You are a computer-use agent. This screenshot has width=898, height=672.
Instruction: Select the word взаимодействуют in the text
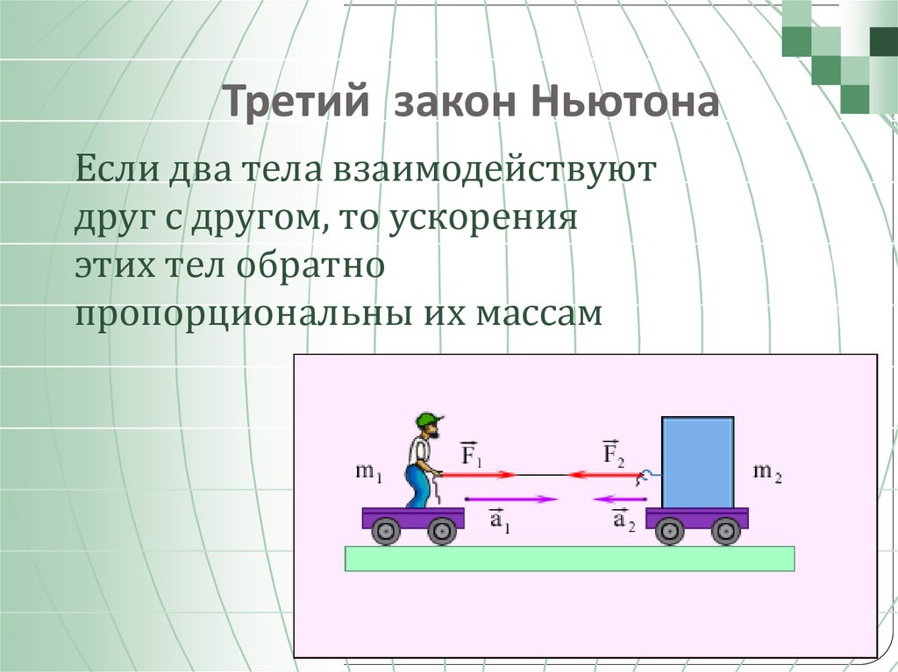point(493,169)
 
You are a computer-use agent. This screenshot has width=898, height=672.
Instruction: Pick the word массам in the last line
point(540,315)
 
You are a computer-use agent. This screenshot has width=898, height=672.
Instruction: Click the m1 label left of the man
point(368,472)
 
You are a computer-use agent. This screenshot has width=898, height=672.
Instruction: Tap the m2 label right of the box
point(767,472)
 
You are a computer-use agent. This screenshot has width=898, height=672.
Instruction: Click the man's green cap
point(429,420)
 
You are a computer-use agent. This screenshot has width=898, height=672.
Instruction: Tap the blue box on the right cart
point(697,462)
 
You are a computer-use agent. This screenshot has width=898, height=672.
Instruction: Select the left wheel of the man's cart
point(385,530)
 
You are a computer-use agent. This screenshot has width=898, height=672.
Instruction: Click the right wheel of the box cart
point(725,530)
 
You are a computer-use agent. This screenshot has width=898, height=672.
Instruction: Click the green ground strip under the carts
point(569,558)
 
